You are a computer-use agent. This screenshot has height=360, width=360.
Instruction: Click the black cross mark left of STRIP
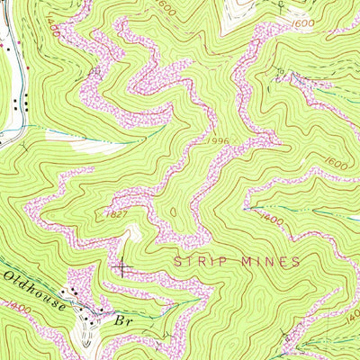click(x=122, y=266)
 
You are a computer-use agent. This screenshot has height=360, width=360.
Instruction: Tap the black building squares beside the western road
click(x=27, y=103)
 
